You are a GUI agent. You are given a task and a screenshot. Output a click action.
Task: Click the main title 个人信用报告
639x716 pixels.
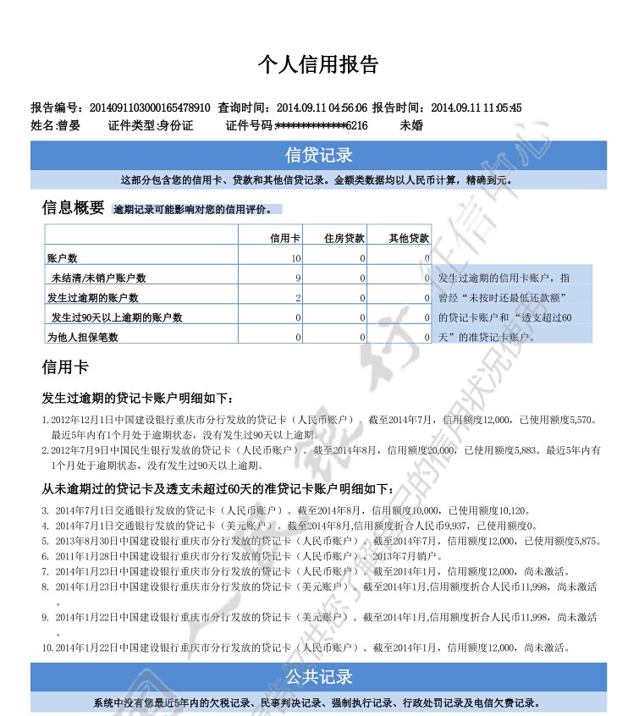(318, 65)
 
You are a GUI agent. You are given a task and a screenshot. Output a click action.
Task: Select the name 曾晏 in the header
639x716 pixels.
(69, 125)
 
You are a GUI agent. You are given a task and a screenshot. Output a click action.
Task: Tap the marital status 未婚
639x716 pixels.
(410, 125)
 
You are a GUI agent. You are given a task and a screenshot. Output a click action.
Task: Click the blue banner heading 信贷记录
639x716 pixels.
(319, 156)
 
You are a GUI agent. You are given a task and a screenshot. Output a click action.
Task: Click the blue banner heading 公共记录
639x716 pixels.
(319, 677)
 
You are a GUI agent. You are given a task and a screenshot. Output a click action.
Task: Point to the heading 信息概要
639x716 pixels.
(74, 207)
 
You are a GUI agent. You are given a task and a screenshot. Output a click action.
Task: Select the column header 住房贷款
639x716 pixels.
(344, 239)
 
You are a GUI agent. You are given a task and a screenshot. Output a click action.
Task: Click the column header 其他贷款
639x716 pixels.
(409, 239)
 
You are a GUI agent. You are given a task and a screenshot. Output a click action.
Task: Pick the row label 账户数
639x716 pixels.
(62, 258)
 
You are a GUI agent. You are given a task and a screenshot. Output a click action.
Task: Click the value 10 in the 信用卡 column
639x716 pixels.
(295, 258)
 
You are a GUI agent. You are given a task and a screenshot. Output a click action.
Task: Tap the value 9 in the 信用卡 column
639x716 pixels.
(298, 278)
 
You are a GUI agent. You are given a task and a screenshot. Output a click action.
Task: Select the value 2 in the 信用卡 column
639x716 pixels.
(298, 297)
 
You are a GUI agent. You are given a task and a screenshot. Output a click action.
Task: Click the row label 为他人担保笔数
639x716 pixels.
(82, 337)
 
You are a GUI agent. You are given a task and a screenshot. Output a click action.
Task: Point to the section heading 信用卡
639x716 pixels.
(65, 367)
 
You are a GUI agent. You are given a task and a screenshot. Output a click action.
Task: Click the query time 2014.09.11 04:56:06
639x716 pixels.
(322, 107)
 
